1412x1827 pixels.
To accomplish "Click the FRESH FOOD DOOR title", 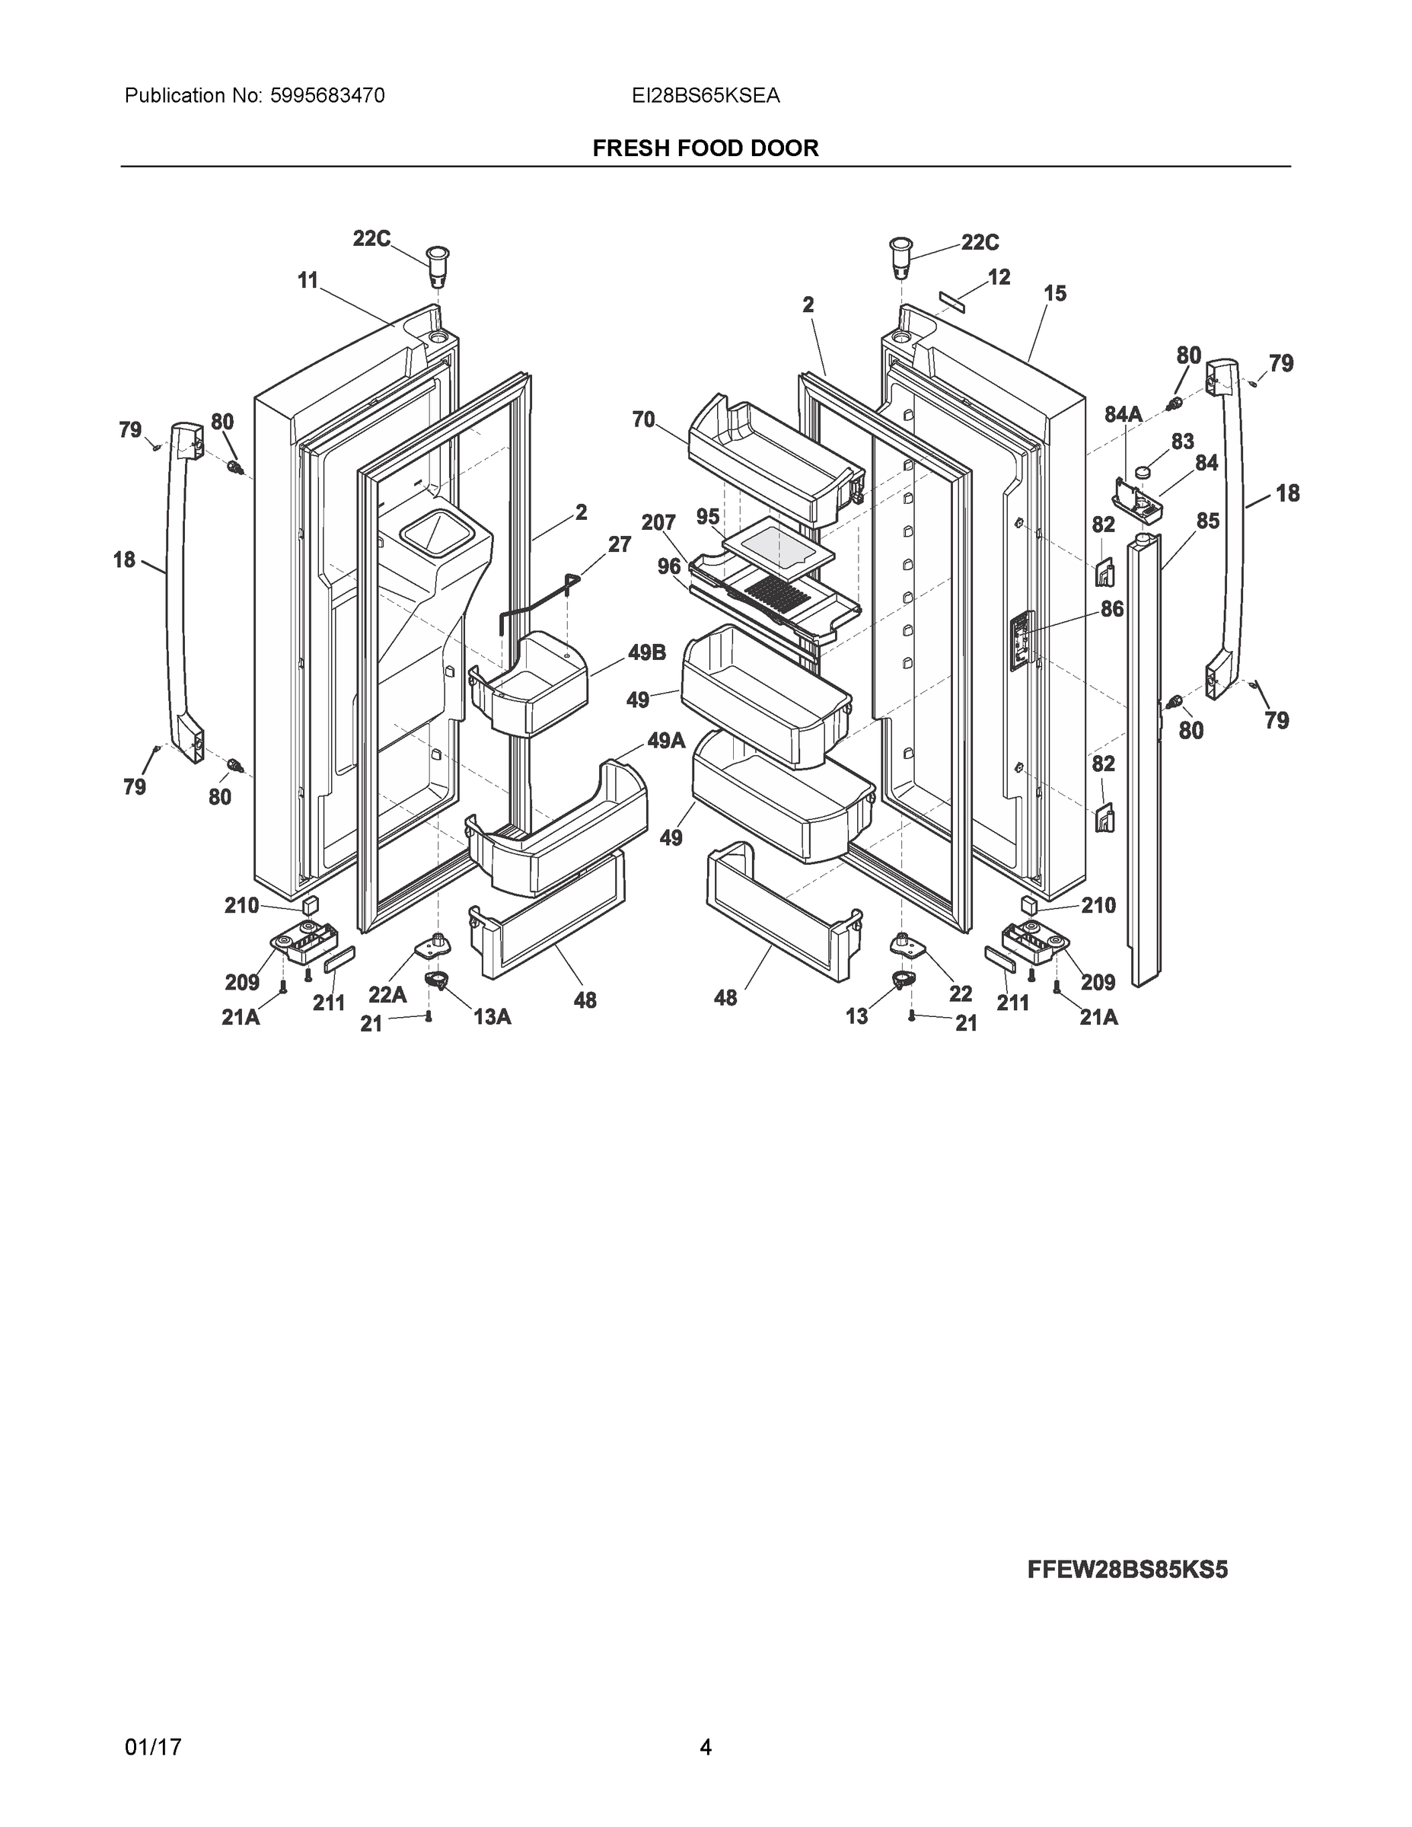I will point(705,148).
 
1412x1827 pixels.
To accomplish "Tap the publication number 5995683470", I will point(327,96).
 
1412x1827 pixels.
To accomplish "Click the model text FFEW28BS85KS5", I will point(1127,1570).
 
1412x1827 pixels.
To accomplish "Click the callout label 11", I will point(309,281).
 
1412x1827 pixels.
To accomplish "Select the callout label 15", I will point(1055,294).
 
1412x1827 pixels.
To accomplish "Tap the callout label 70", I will point(643,419).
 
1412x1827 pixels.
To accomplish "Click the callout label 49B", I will point(646,652).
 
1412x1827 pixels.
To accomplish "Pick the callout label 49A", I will point(666,741).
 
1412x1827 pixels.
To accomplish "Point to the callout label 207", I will point(658,523).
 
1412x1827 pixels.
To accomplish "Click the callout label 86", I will point(1111,609).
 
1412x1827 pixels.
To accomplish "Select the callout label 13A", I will point(492,1016).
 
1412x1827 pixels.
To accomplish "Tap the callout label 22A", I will point(387,995).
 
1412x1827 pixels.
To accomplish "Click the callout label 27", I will point(619,544).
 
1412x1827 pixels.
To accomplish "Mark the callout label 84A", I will point(1124,414).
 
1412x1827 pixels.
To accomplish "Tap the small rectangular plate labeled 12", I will point(950,302).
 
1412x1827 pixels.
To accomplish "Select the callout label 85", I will point(1207,521).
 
